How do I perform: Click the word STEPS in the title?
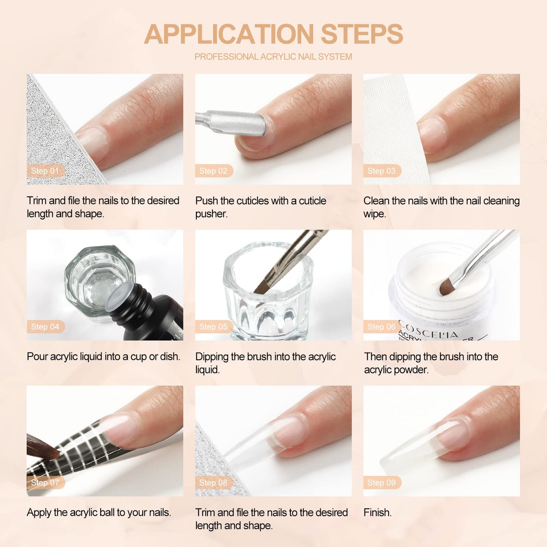tap(362, 34)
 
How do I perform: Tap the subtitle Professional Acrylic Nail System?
tap(273, 57)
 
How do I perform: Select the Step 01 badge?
tap(45, 171)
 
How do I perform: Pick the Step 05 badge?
tap(214, 327)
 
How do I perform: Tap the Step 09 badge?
tap(382, 482)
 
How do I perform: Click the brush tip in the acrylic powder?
tap(447, 286)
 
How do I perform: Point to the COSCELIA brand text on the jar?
tap(428, 330)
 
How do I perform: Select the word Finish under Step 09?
tap(377, 512)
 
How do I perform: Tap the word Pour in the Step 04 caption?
tap(37, 356)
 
